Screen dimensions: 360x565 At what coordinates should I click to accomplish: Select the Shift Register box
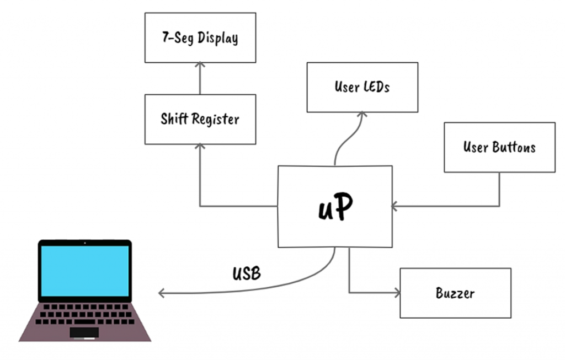200,119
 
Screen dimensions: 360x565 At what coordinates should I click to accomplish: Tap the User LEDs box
362,87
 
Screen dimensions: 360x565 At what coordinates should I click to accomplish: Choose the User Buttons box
499,147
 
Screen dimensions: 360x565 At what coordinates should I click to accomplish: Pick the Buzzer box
455,293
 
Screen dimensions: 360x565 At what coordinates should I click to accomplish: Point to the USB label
247,273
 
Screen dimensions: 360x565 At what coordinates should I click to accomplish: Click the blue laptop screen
84,271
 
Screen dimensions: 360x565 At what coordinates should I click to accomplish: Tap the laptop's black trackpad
84,332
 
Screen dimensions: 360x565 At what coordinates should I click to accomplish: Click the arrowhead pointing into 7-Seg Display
200,65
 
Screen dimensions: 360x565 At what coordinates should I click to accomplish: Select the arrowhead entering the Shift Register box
200,147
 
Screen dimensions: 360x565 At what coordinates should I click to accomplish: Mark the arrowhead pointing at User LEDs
362,114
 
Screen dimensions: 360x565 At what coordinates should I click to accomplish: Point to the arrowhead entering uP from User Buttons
394,207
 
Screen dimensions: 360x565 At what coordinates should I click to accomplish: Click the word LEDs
377,87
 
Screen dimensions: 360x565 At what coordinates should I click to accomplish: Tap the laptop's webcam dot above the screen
84,243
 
